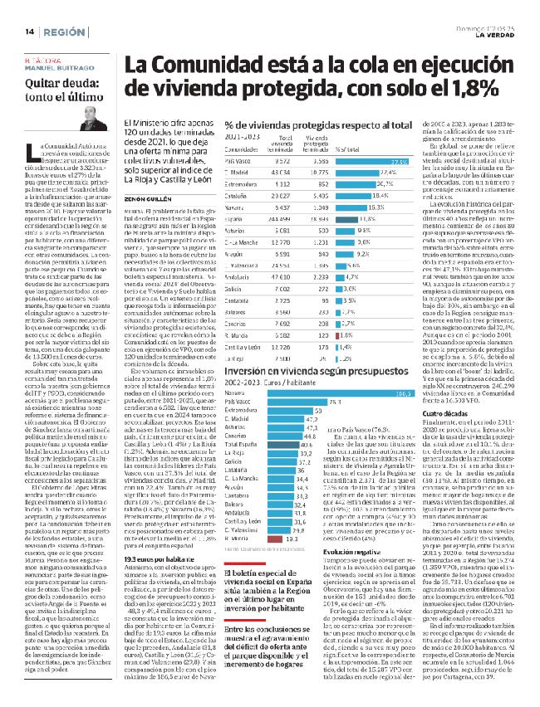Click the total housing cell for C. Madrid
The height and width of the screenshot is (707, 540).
[284, 173]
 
